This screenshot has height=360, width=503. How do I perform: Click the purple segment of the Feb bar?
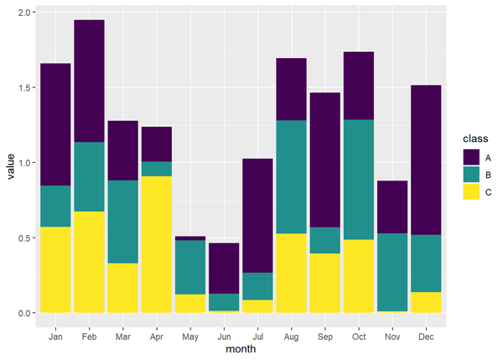tap(89, 81)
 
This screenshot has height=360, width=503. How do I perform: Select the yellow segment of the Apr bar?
tap(157, 244)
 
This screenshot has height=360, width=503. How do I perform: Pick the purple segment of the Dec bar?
tap(426, 159)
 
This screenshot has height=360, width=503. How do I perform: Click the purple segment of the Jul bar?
tap(257, 216)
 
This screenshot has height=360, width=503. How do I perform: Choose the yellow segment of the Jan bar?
tap(55, 269)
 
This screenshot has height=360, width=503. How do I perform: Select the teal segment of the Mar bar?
tap(122, 222)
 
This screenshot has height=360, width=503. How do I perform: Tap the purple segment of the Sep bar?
tap(324, 159)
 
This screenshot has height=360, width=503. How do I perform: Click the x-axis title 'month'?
tap(241, 348)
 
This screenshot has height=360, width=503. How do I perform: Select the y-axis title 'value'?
tap(11, 163)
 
